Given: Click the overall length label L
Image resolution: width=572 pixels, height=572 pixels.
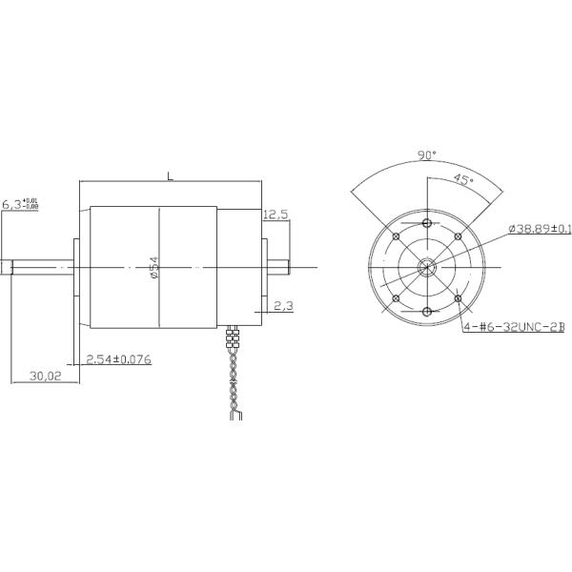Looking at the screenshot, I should (170, 176).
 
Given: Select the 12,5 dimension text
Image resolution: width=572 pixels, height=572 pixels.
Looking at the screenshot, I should (276, 215).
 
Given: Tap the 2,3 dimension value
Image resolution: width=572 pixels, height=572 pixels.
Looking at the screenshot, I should (283, 306).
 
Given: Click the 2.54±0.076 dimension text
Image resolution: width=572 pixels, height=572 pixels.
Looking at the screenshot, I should (118, 359).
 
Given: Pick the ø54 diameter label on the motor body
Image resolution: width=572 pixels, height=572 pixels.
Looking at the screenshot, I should (153, 268).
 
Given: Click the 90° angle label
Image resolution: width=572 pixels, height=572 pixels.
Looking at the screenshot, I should (427, 154).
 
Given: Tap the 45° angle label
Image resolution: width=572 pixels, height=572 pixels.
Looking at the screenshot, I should (462, 179).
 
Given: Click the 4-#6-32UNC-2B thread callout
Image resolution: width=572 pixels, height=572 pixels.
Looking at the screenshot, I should (514, 326).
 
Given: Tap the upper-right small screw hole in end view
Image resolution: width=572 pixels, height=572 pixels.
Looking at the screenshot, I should (459, 236).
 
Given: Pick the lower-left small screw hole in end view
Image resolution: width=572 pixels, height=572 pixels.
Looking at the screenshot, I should (395, 299).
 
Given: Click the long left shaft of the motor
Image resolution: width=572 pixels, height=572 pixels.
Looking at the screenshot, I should (38, 268).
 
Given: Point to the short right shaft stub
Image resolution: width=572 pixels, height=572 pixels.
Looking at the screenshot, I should (277, 268).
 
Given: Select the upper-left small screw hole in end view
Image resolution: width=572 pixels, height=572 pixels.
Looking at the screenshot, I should (395, 236).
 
